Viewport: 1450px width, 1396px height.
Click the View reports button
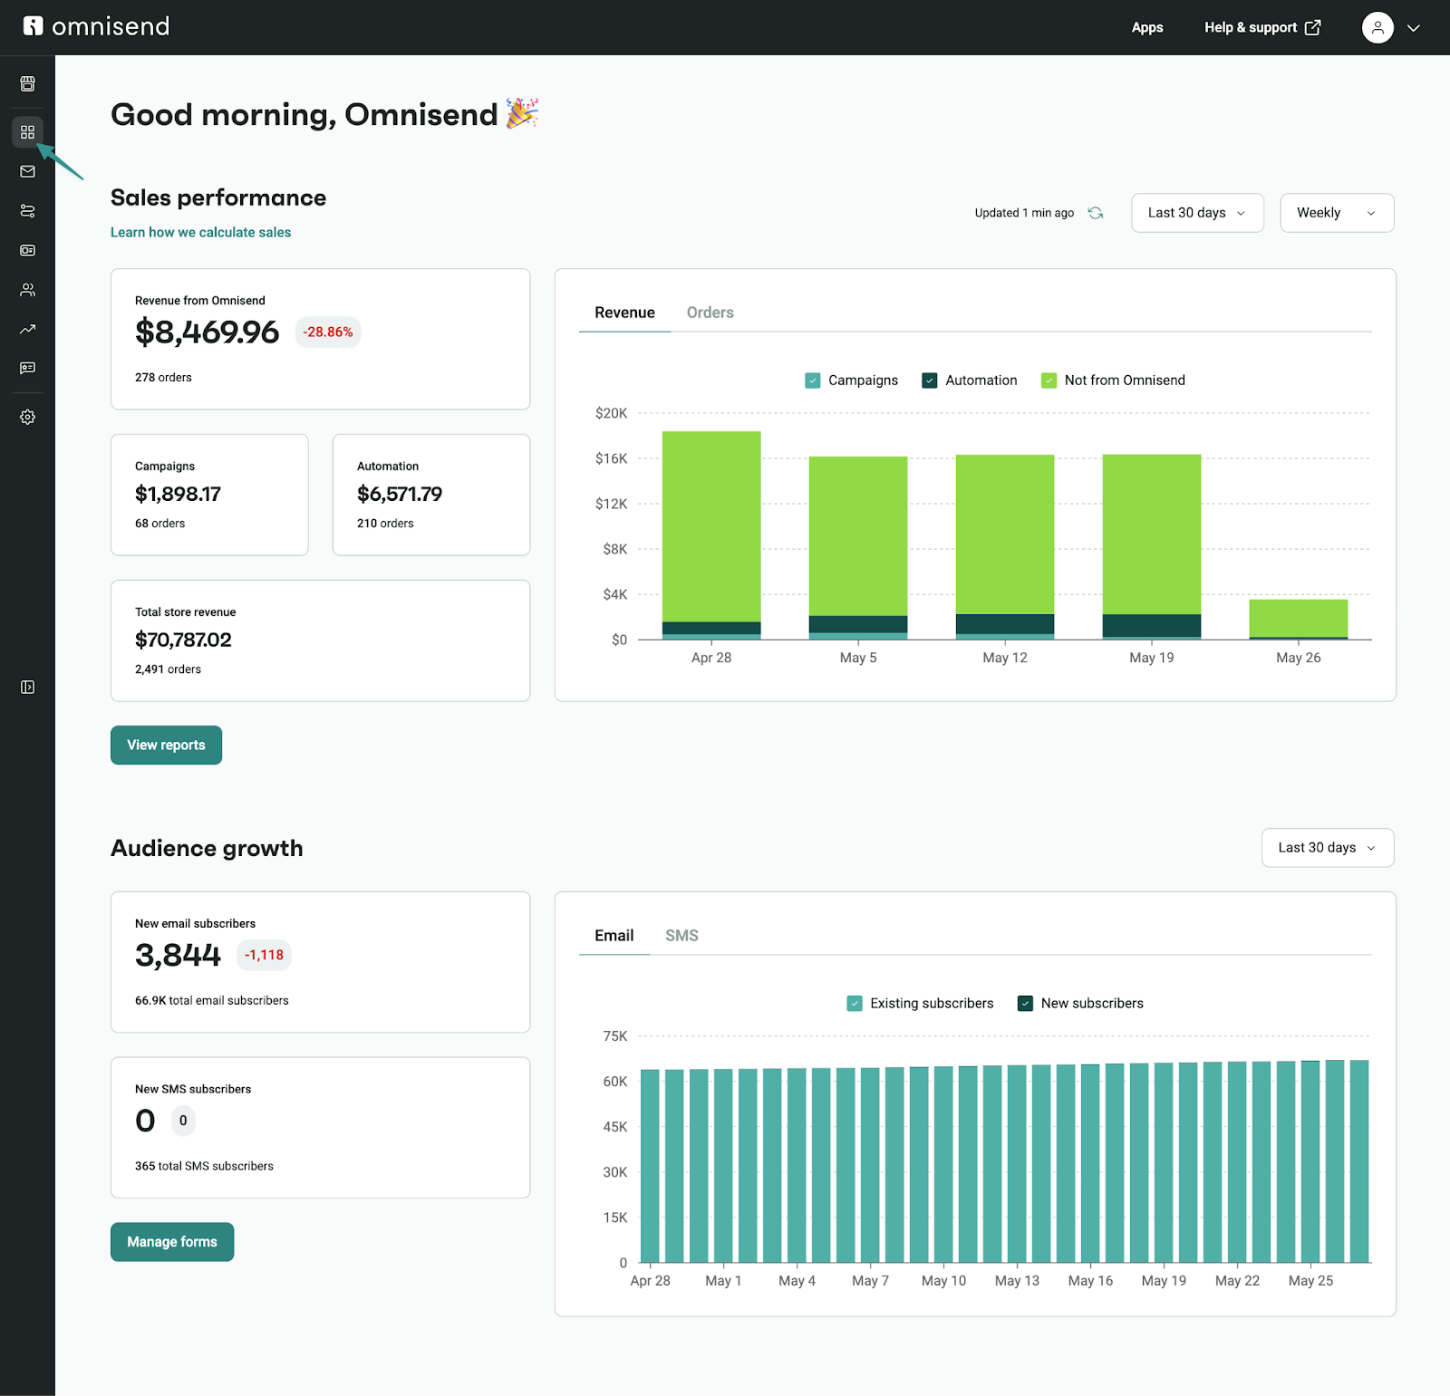pyautogui.click(x=166, y=745)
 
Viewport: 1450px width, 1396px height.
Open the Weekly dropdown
pyautogui.click(x=1336, y=213)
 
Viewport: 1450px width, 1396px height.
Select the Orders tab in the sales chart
pyautogui.click(x=710, y=313)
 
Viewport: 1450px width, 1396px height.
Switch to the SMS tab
pyautogui.click(x=681, y=936)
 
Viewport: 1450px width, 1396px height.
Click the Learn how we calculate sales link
pyautogui.click(x=200, y=232)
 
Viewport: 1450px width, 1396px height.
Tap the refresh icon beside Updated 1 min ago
pyautogui.click(x=1096, y=213)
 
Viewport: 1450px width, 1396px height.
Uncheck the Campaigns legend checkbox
pyautogui.click(x=813, y=380)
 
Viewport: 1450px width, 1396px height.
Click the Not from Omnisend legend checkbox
pyautogui.click(x=1049, y=380)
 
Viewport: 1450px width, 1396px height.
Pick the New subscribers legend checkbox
pyautogui.click(x=1026, y=1004)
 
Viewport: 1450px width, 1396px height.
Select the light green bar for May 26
pyautogui.click(x=1298, y=618)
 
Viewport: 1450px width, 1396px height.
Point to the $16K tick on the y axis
pyautogui.click(x=611, y=458)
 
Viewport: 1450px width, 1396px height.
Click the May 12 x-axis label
pyautogui.click(x=1005, y=658)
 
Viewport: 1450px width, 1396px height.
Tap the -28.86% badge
pyautogui.click(x=328, y=332)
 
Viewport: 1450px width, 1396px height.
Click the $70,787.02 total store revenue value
pyautogui.click(x=183, y=640)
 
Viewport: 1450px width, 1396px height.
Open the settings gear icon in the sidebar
pyautogui.click(x=28, y=418)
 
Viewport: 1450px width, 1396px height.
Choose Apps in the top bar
pyautogui.click(x=1146, y=27)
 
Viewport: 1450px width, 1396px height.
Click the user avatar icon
pyautogui.click(x=1377, y=27)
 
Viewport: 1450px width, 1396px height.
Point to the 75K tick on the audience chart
pyautogui.click(x=614, y=1036)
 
